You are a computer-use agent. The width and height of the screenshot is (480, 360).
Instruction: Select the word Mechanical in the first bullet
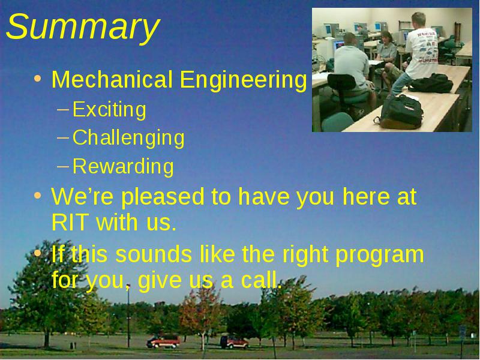click(112, 80)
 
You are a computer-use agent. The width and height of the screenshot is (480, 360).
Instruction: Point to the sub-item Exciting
click(109, 109)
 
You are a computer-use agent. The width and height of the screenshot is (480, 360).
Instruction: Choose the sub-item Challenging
click(128, 138)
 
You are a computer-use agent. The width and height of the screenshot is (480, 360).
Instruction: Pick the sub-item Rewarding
click(123, 167)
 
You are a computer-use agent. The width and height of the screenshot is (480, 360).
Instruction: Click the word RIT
click(70, 222)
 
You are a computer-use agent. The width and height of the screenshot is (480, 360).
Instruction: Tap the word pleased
click(163, 197)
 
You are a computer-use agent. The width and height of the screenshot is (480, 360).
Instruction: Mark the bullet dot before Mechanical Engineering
click(37, 79)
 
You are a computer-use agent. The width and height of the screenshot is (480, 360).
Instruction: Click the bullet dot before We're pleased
click(37, 196)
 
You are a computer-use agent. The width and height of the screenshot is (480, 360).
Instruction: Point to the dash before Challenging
click(63, 137)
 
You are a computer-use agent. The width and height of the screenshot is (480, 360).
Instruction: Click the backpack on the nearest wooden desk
click(400, 112)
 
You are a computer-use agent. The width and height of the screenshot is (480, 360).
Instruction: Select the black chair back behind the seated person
click(341, 82)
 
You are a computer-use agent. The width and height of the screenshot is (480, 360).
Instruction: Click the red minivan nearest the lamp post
click(163, 341)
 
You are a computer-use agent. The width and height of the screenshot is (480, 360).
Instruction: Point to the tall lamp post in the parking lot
click(128, 316)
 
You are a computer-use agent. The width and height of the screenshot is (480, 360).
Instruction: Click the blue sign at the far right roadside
click(462, 332)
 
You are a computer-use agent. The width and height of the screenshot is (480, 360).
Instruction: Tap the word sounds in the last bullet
click(154, 254)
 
